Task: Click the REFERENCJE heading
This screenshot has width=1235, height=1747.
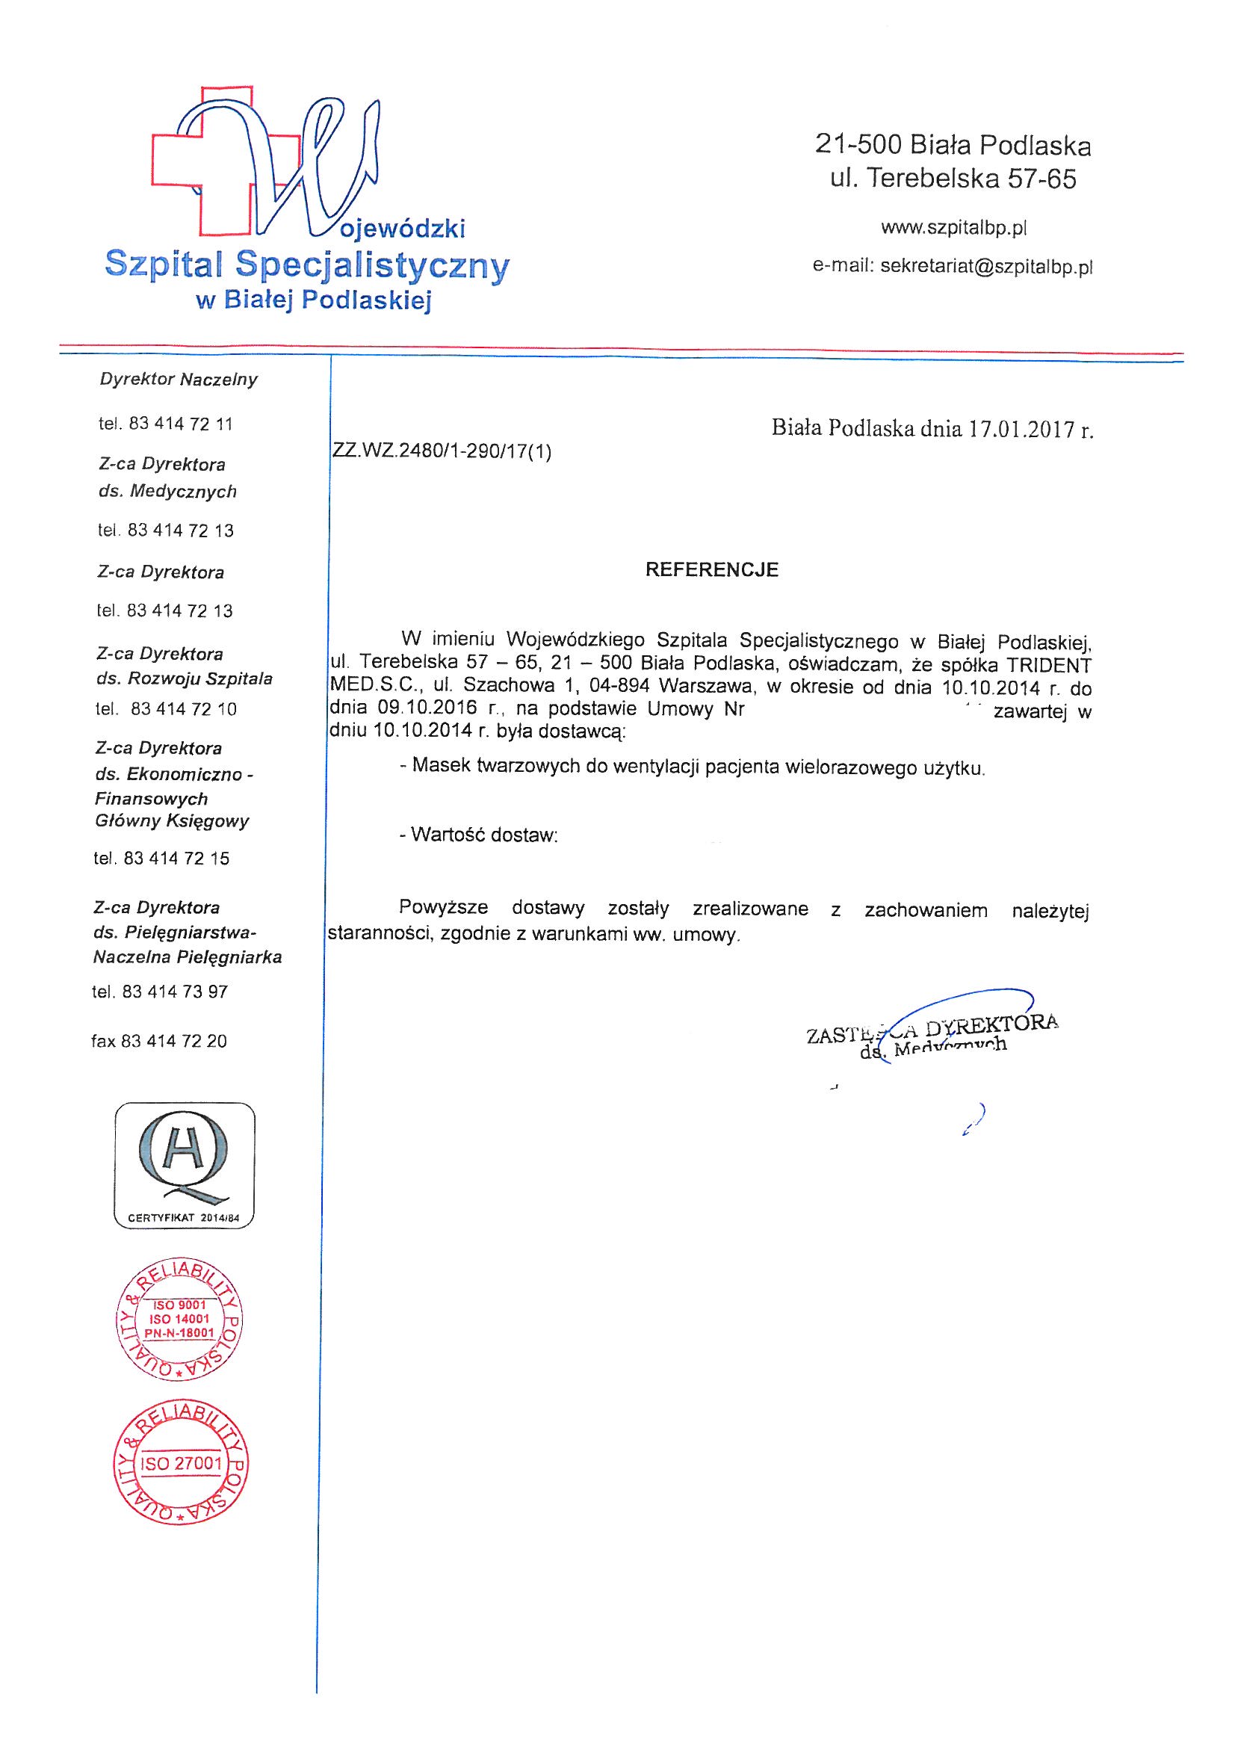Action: (x=711, y=570)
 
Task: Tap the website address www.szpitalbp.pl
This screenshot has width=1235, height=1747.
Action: (x=954, y=226)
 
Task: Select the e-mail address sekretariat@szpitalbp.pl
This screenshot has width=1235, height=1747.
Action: (x=986, y=267)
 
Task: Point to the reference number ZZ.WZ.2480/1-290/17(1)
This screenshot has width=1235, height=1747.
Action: (x=442, y=452)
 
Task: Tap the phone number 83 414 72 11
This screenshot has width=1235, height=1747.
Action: (x=181, y=424)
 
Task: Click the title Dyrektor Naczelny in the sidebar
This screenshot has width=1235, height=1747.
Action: (x=179, y=379)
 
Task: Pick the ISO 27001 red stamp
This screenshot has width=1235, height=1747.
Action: (x=184, y=1463)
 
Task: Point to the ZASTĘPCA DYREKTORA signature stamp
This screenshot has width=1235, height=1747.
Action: (x=932, y=1034)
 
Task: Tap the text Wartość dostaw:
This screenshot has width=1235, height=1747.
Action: (x=479, y=835)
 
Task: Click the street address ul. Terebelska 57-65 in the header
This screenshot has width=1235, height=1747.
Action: (x=953, y=179)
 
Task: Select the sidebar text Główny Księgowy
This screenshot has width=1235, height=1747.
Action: (x=173, y=821)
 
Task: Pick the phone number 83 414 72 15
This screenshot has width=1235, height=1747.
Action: (x=176, y=859)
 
